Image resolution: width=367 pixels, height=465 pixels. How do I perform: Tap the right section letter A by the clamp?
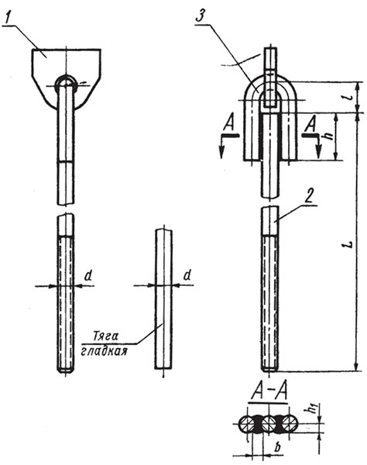click(309, 124)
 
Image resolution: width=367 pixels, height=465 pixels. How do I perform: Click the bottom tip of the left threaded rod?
click(67, 370)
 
